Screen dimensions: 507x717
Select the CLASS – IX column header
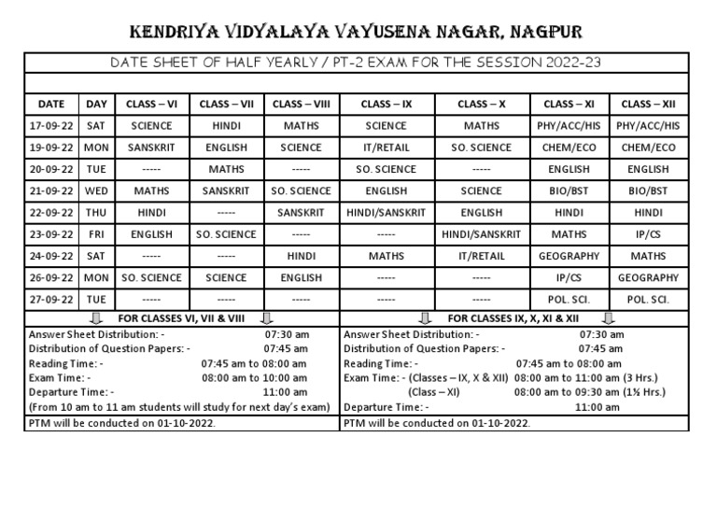[387, 103]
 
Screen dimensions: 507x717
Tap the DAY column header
[96, 103]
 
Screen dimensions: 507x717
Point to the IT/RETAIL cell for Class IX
[387, 147]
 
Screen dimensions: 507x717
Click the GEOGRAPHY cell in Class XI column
[569, 256]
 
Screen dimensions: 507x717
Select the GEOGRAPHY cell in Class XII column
[648, 277]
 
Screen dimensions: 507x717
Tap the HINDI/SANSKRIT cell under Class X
[481, 234]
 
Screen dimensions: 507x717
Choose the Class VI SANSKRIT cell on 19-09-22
[151, 147]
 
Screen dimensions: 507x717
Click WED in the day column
[96, 190]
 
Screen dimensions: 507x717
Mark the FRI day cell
[96, 234]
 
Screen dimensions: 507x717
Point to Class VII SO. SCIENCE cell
[226, 234]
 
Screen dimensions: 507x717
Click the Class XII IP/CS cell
[648, 234]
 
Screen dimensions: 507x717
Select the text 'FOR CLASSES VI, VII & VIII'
[176, 318]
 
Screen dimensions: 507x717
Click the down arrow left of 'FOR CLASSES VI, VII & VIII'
[96, 318]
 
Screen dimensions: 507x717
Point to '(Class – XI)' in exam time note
[438, 392]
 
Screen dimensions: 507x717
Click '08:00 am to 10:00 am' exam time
[255, 378]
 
